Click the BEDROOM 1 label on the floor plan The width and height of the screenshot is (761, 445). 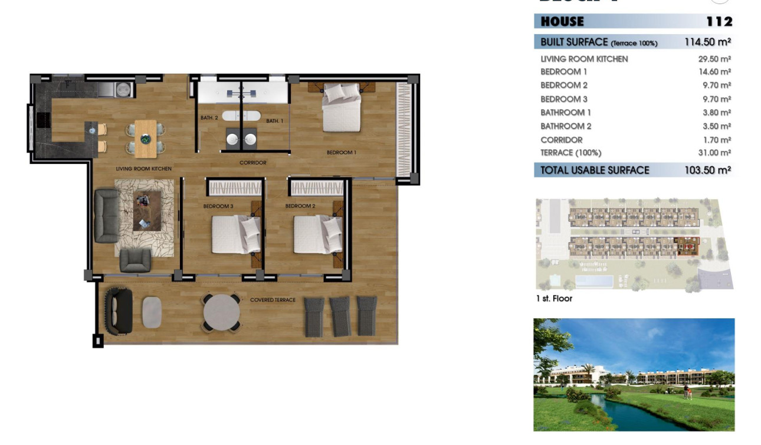coord(342,153)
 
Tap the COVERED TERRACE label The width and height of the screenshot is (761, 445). coord(273,300)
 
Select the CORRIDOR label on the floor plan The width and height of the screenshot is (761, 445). coord(253,163)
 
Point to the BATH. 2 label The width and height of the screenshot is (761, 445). coord(209,118)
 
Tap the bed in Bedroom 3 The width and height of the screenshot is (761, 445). coord(235,234)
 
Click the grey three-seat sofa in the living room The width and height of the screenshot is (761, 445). coord(107,216)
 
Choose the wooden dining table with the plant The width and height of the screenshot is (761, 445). coord(146,139)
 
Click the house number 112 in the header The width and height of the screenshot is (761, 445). coord(719,22)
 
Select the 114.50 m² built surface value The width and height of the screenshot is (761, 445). coord(707,42)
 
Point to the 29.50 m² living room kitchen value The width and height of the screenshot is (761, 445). coord(714,59)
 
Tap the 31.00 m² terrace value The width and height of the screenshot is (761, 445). coord(714,153)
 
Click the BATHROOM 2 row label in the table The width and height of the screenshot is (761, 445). coord(566,126)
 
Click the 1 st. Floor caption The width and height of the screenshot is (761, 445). coord(554,299)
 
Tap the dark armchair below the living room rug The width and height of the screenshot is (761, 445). coord(135,260)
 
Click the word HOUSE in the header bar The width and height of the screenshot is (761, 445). coord(562,22)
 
